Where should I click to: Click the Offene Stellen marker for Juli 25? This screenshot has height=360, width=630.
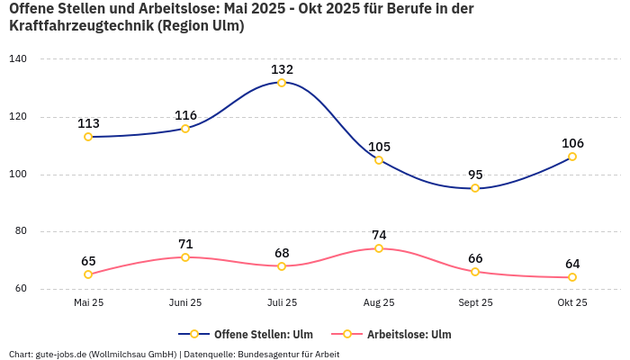click(282, 83)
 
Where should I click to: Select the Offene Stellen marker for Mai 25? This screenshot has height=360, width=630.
click(88, 137)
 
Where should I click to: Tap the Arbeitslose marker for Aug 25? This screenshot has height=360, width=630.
click(379, 248)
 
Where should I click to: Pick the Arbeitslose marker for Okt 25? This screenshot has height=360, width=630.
click(572, 277)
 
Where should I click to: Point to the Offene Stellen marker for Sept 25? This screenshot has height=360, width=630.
click(475, 188)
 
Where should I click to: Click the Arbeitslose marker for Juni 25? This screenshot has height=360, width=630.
click(185, 257)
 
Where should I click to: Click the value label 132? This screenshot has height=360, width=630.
click(282, 69)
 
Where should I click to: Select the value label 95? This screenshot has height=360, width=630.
click(475, 175)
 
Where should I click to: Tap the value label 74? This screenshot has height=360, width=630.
click(379, 235)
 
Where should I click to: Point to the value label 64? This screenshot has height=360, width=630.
click(572, 264)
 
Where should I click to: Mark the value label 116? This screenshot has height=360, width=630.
click(185, 115)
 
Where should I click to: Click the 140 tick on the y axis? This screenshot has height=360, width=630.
click(18, 58)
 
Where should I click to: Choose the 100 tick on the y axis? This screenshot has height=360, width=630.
click(18, 175)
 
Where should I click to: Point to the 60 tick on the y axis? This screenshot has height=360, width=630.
click(20, 289)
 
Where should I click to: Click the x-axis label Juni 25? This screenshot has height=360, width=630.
click(185, 302)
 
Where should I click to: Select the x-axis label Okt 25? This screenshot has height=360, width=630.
click(572, 302)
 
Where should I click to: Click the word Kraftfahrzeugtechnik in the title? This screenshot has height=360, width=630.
click(80, 25)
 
